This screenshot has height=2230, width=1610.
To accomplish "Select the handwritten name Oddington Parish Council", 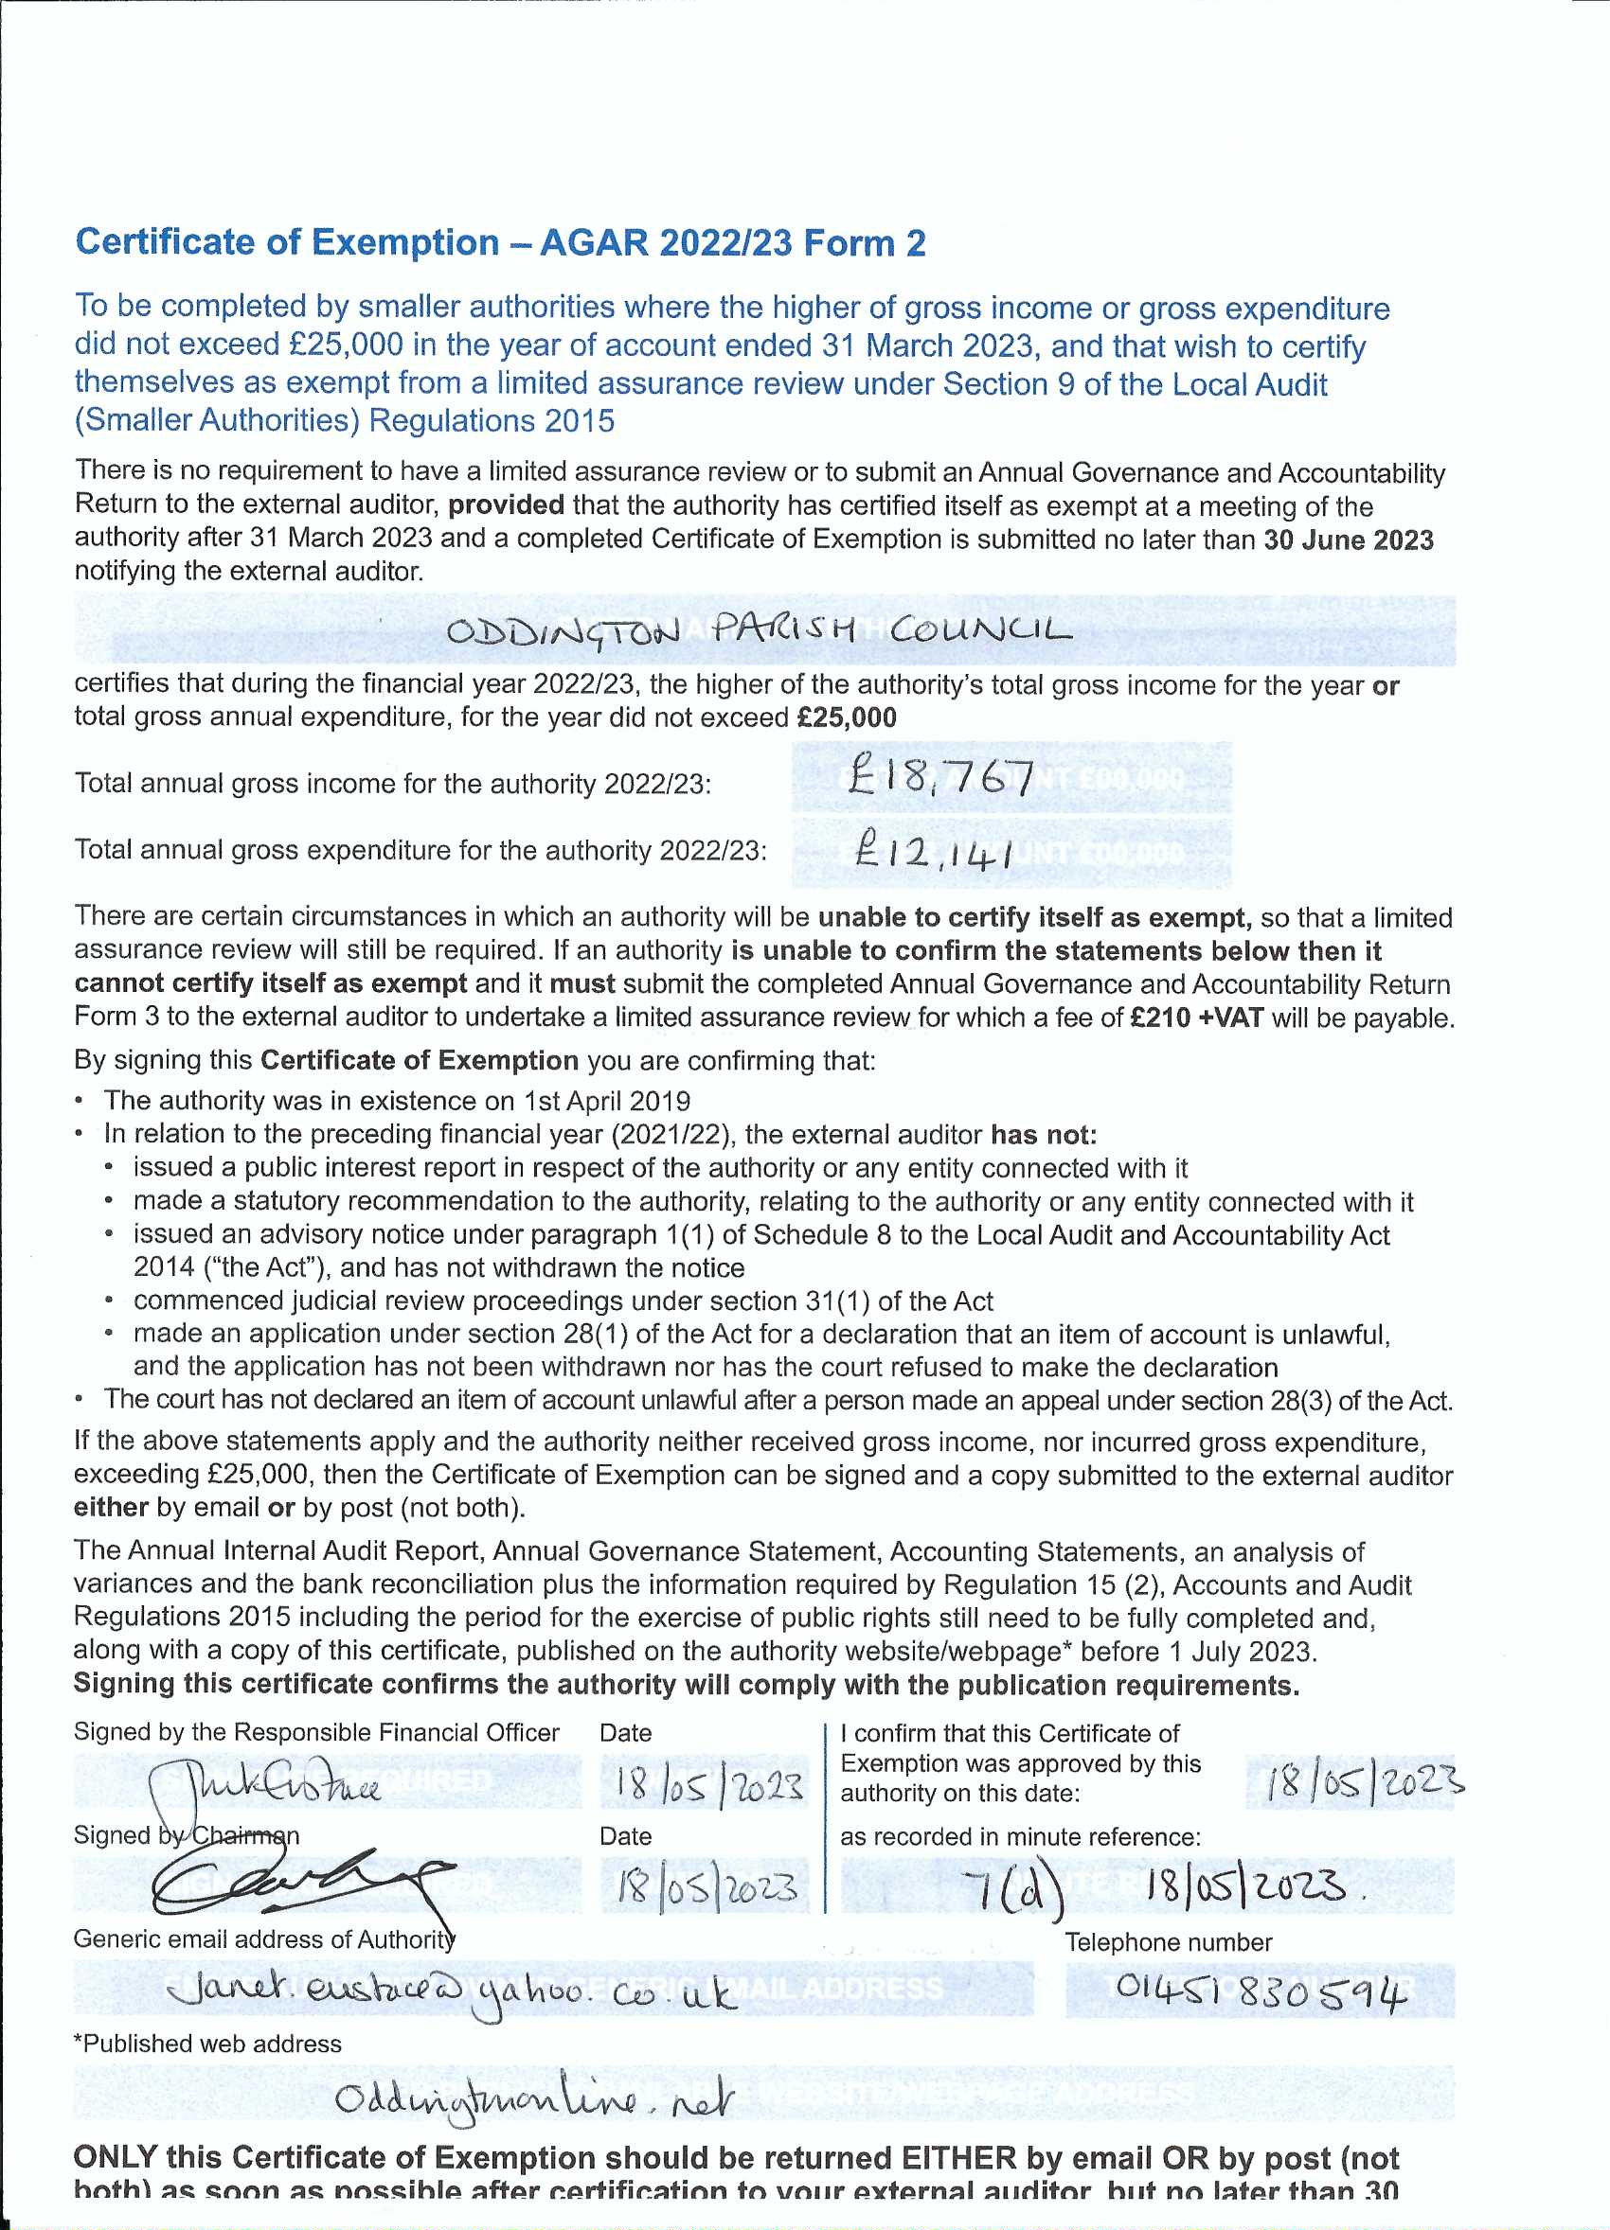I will (x=759, y=629).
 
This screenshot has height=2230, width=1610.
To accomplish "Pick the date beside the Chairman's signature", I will (x=707, y=1885).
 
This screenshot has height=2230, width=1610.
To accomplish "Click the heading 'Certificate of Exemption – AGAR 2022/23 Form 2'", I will (x=501, y=243).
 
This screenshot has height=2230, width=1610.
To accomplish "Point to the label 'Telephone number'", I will (x=1168, y=1942).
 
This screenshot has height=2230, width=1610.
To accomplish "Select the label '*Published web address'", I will (x=207, y=2044).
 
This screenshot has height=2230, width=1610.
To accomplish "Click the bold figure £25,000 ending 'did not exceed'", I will (x=847, y=717).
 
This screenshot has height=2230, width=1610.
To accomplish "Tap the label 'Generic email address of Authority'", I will (x=264, y=1939).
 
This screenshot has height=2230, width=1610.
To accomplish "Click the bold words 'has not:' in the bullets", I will (x=1043, y=1135).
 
